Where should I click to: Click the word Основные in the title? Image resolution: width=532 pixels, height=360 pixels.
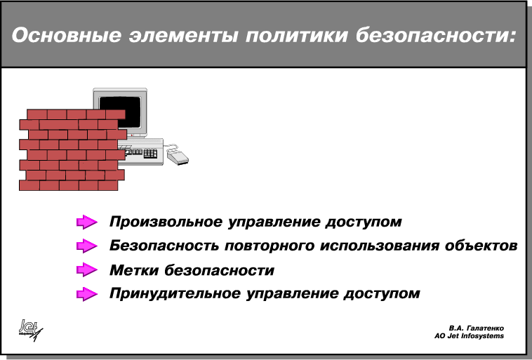point(67,35)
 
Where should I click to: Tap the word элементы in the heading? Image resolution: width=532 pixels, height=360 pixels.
point(183,35)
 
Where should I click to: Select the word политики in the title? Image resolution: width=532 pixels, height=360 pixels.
point(297,35)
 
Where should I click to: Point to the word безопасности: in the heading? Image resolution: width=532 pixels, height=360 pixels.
point(436,35)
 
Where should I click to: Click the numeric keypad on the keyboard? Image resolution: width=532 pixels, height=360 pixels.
point(150,154)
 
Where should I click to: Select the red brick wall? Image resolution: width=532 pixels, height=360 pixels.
point(72,149)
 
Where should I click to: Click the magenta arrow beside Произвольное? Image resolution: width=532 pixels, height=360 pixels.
point(87,222)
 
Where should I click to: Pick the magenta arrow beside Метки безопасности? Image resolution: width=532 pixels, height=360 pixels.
point(87,270)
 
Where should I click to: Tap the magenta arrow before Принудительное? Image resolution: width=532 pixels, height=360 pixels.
point(87,294)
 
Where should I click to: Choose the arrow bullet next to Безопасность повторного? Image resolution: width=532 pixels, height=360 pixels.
point(87,246)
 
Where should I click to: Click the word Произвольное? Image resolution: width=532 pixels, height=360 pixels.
point(166,222)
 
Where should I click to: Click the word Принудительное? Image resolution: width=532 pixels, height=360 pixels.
point(175,293)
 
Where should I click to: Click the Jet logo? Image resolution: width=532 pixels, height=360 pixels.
point(31,330)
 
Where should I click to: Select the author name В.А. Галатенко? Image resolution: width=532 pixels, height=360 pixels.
point(476,328)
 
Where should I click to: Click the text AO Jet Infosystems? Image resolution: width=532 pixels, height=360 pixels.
point(469,336)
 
